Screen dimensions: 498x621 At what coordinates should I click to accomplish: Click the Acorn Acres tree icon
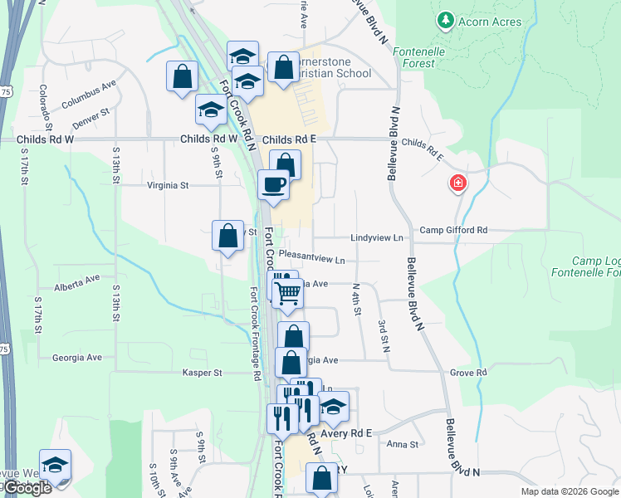point(446,19)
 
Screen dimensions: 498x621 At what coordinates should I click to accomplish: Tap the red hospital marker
point(457,183)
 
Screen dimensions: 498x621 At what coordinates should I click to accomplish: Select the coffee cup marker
point(272,185)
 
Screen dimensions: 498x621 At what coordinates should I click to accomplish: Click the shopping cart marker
point(286,293)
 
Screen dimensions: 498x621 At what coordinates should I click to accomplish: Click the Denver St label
point(90,117)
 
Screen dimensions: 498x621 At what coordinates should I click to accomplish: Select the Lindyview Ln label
point(376,238)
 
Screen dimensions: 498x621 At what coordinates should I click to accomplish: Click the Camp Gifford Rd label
point(453,230)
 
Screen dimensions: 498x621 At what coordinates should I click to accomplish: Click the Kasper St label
point(203,373)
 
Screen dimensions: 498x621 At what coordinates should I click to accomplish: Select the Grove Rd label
point(468,373)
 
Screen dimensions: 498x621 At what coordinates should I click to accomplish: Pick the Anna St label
point(402,445)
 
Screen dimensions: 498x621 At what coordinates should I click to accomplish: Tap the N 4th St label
point(357,299)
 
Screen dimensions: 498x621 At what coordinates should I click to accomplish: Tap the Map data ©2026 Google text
point(569,491)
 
